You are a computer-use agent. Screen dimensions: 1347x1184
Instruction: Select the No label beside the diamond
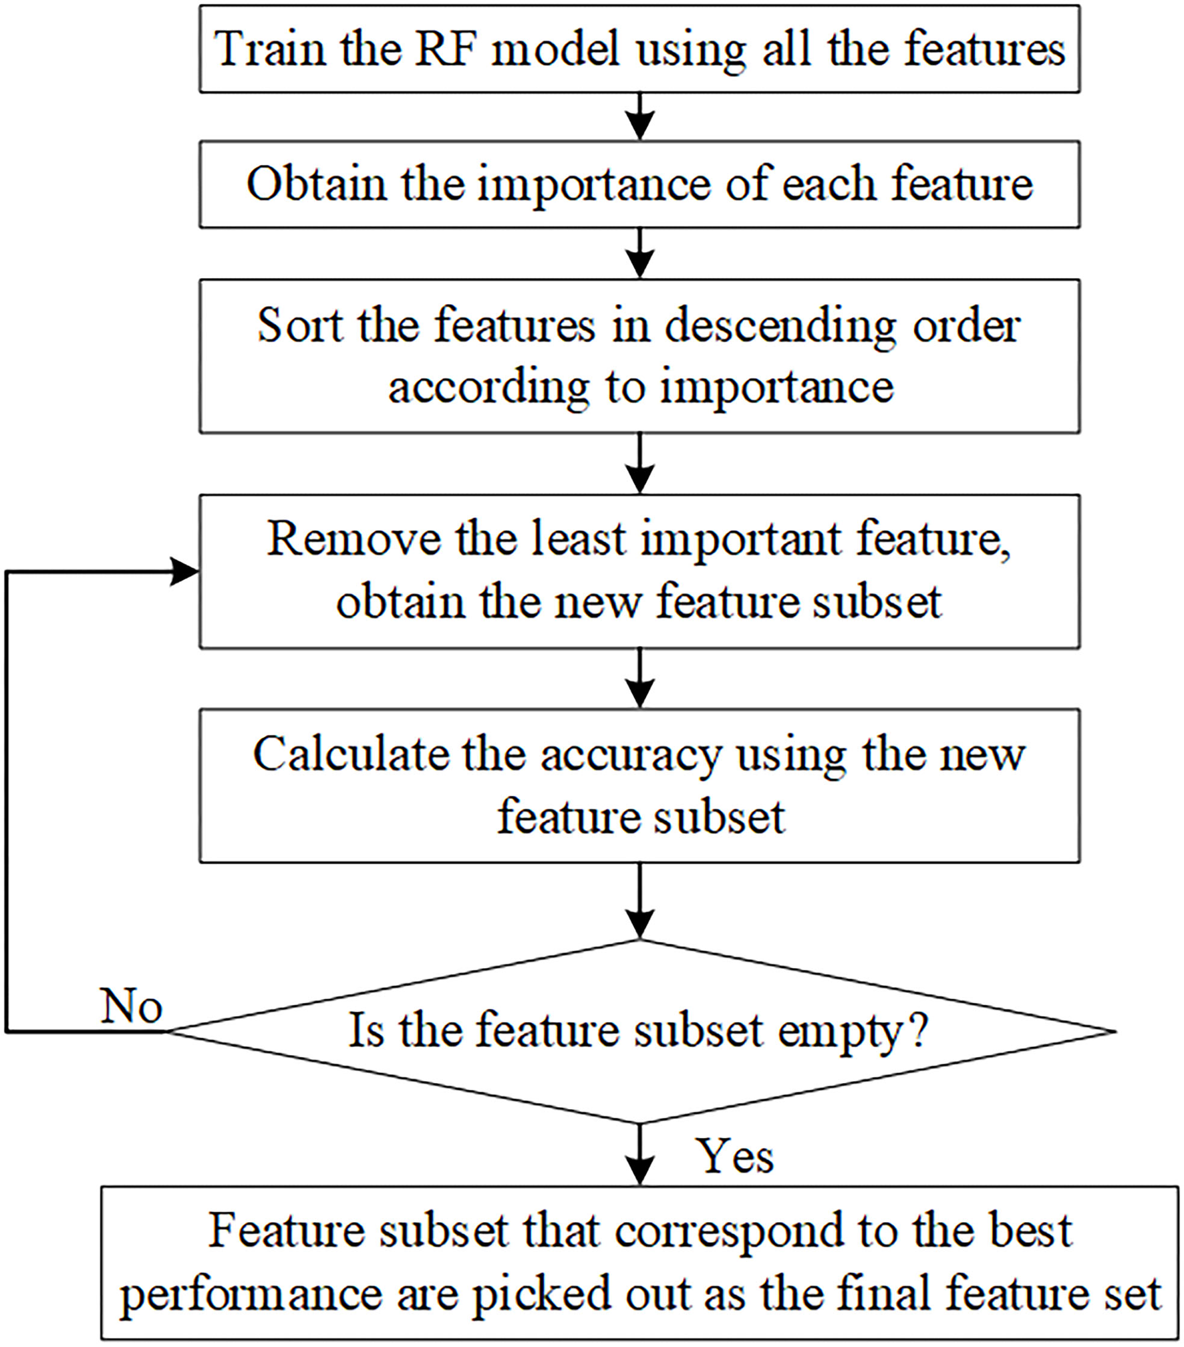pos(132,1006)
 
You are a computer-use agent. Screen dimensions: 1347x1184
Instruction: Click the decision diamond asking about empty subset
pos(640,1032)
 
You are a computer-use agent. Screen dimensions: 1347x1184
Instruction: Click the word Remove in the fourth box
pos(353,539)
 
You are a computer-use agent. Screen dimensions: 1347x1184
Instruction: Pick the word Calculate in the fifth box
pos(351,754)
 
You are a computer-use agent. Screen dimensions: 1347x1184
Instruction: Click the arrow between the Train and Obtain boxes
pos(640,117)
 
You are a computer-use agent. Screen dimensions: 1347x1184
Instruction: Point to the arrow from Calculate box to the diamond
pos(640,902)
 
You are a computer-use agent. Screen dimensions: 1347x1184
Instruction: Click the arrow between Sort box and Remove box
pos(640,464)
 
